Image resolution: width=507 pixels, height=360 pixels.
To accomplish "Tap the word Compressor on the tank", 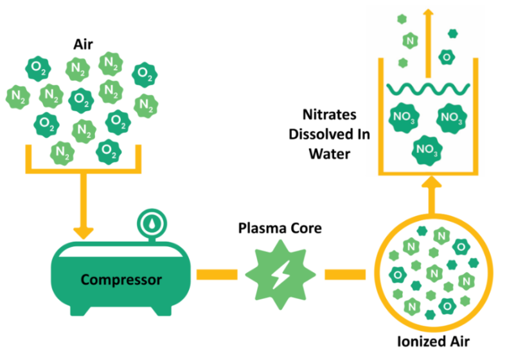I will click(x=121, y=280).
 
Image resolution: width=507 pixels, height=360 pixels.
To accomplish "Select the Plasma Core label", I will click(x=280, y=229).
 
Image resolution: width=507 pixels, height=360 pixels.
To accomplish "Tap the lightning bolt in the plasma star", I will click(x=281, y=274).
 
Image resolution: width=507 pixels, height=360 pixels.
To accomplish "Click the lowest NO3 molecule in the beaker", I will click(x=427, y=150).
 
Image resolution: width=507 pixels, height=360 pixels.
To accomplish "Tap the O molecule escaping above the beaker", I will click(x=446, y=57).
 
